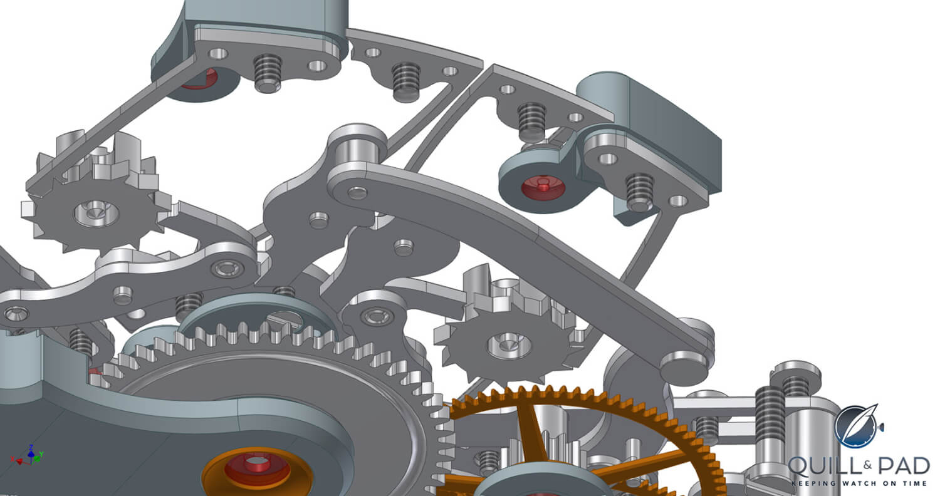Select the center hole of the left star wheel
point(97,213)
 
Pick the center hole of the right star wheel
point(509,345)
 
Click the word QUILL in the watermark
point(823,467)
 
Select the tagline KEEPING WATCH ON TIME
point(859,483)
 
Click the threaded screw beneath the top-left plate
point(268,72)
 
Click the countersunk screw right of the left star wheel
point(227,268)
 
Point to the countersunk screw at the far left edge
point(16,314)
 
